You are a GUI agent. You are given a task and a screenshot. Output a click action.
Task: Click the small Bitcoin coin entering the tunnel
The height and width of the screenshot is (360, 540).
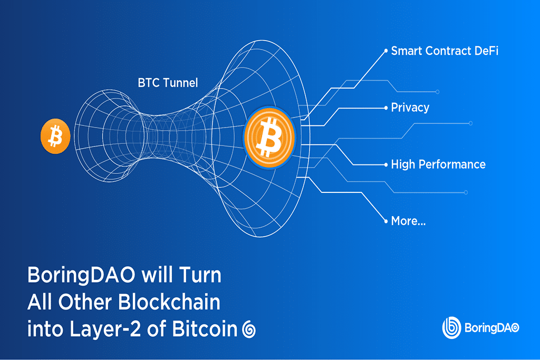pyautogui.click(x=55, y=136)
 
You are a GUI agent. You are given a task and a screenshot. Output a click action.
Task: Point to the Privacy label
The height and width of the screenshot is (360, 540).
pyautogui.click(x=410, y=108)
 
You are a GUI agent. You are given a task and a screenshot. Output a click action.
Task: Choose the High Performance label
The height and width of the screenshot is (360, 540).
pyautogui.click(x=438, y=164)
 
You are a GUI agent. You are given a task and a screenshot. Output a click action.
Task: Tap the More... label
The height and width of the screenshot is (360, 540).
pyautogui.click(x=408, y=221)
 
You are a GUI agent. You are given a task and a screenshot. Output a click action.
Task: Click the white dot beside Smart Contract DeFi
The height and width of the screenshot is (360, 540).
pyautogui.click(x=385, y=51)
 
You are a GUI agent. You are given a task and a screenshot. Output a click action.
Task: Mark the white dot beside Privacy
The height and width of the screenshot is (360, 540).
pyautogui.click(x=385, y=108)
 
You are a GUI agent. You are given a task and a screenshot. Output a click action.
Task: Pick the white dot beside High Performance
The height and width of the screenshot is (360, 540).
pyautogui.click(x=385, y=164)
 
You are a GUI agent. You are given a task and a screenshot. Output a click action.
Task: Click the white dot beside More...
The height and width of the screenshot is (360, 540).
pyautogui.click(x=385, y=221)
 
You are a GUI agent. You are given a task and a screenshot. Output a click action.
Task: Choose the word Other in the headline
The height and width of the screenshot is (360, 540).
pyautogui.click(x=88, y=303)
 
